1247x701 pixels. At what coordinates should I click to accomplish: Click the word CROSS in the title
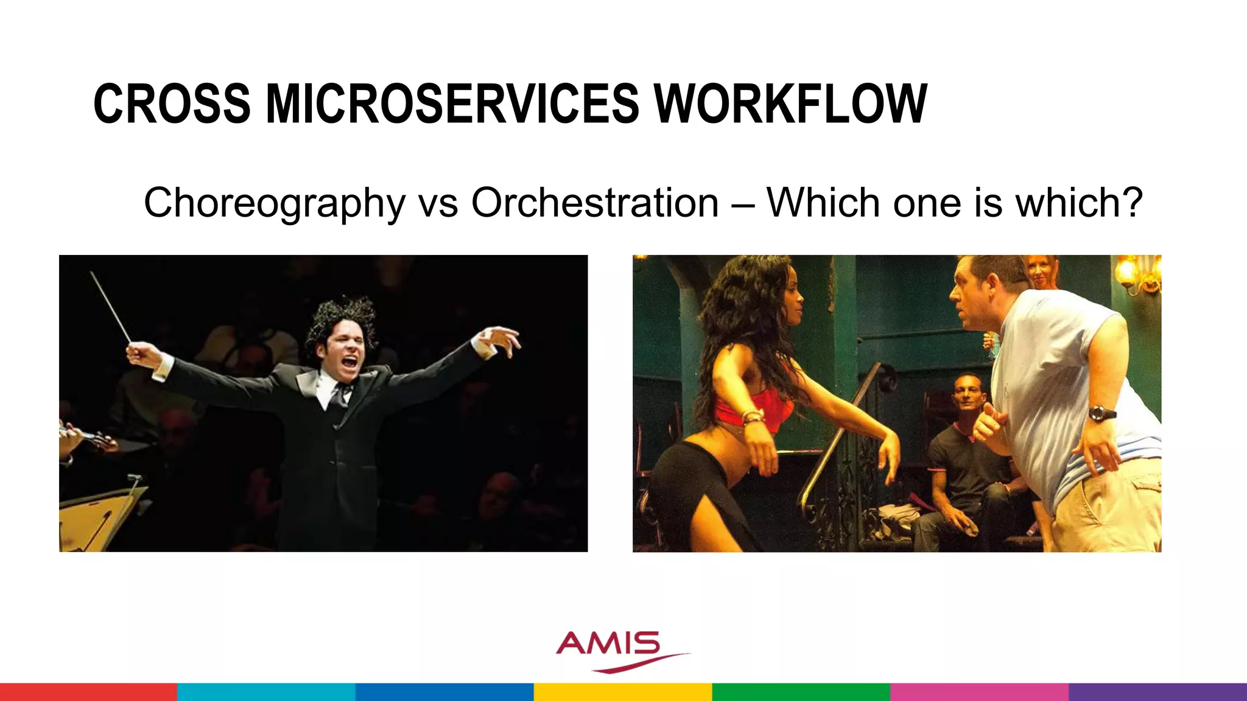click(172, 104)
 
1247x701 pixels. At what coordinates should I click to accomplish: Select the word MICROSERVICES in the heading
click(452, 104)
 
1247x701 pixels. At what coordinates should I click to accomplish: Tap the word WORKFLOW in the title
click(790, 104)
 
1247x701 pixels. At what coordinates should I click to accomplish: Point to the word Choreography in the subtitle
click(274, 203)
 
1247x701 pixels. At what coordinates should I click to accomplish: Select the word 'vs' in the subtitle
click(438, 203)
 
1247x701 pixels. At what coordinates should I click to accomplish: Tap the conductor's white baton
click(111, 308)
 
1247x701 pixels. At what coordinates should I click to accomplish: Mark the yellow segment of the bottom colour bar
click(623, 692)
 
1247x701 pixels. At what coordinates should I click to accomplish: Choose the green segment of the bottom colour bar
click(801, 692)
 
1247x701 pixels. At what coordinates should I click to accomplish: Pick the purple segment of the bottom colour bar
click(1157, 692)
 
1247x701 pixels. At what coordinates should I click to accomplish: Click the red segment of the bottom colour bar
click(88, 692)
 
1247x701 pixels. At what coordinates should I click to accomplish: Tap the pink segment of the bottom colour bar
click(979, 692)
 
